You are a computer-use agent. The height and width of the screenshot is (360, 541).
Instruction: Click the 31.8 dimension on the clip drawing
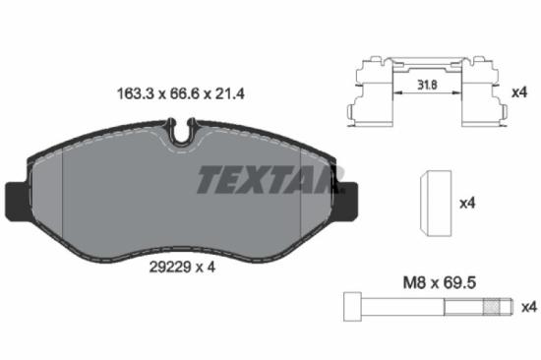[x=428, y=85]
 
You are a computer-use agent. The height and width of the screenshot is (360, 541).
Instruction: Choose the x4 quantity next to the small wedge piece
[x=468, y=203]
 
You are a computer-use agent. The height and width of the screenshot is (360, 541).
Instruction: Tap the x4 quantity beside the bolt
[x=528, y=305]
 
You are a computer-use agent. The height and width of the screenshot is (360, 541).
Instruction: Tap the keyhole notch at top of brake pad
[x=179, y=129]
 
